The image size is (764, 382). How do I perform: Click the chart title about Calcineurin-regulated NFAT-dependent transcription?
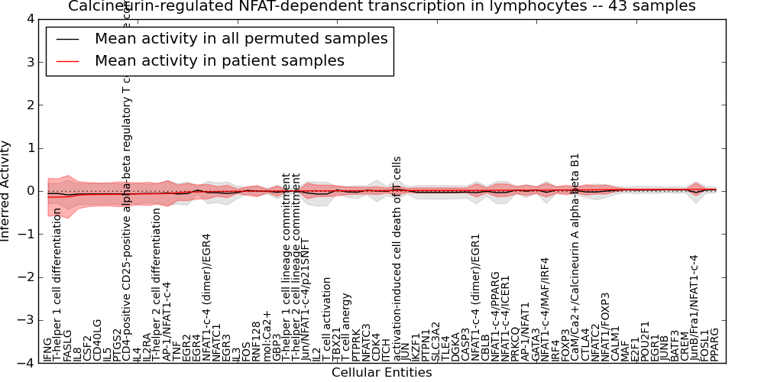coord(382,6)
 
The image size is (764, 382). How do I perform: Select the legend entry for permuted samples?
coord(241,38)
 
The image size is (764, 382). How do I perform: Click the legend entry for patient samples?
coord(219,60)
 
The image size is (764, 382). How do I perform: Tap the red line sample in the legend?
coord(67,61)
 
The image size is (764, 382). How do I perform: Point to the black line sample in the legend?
coord(67,39)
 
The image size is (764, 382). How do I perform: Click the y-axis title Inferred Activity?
coord(6,191)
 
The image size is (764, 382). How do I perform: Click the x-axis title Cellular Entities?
coord(381,373)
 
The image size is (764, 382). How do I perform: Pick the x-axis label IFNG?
coord(48,349)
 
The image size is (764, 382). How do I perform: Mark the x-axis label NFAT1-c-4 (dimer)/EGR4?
coord(206,298)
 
